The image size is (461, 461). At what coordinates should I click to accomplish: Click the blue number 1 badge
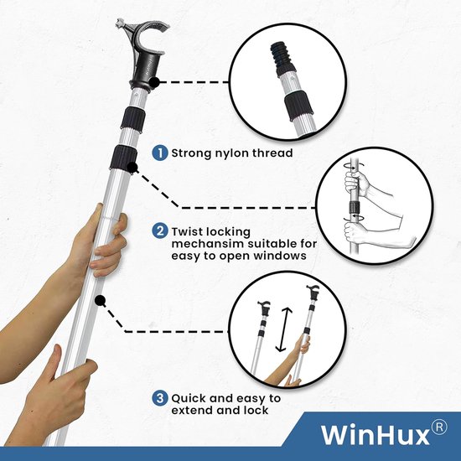pos(160,153)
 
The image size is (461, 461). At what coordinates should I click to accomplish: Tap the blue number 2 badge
pos(160,231)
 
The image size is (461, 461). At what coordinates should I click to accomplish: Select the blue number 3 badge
pos(160,399)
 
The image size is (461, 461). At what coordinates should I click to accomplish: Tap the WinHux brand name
pos(376,435)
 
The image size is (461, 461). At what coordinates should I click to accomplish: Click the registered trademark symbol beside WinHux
pos(439,427)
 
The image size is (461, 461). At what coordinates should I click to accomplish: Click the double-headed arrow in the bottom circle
pos(284,329)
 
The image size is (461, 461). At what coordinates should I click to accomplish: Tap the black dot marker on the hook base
pos(154,82)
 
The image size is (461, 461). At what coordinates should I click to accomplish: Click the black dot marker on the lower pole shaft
pos(101,301)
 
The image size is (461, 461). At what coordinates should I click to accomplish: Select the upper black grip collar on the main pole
pos(133,118)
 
